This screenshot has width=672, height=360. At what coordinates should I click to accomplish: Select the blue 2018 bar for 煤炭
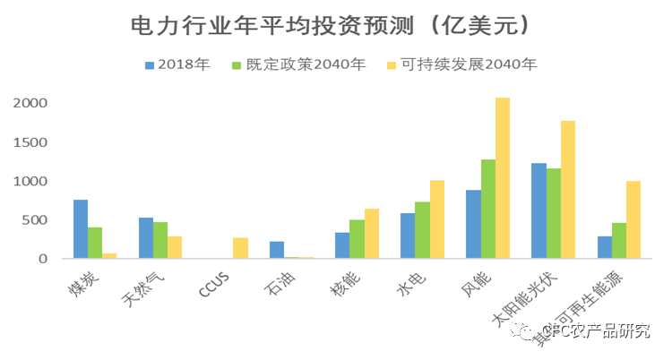click(x=80, y=229)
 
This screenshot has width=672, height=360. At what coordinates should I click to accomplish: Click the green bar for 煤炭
click(x=95, y=243)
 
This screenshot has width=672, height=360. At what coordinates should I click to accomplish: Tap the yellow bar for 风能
click(x=503, y=178)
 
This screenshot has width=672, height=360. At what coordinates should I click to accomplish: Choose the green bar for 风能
click(x=488, y=209)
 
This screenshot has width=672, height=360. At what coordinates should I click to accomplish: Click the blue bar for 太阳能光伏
click(x=538, y=210)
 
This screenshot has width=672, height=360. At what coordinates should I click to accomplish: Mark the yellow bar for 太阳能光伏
click(x=568, y=190)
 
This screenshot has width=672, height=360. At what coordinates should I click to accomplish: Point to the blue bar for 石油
click(x=277, y=250)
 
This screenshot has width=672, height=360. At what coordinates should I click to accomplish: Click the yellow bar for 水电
click(x=437, y=219)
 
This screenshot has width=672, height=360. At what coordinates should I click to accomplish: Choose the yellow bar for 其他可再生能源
click(x=633, y=219)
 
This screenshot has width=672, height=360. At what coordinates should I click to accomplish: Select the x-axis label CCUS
click(x=213, y=286)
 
